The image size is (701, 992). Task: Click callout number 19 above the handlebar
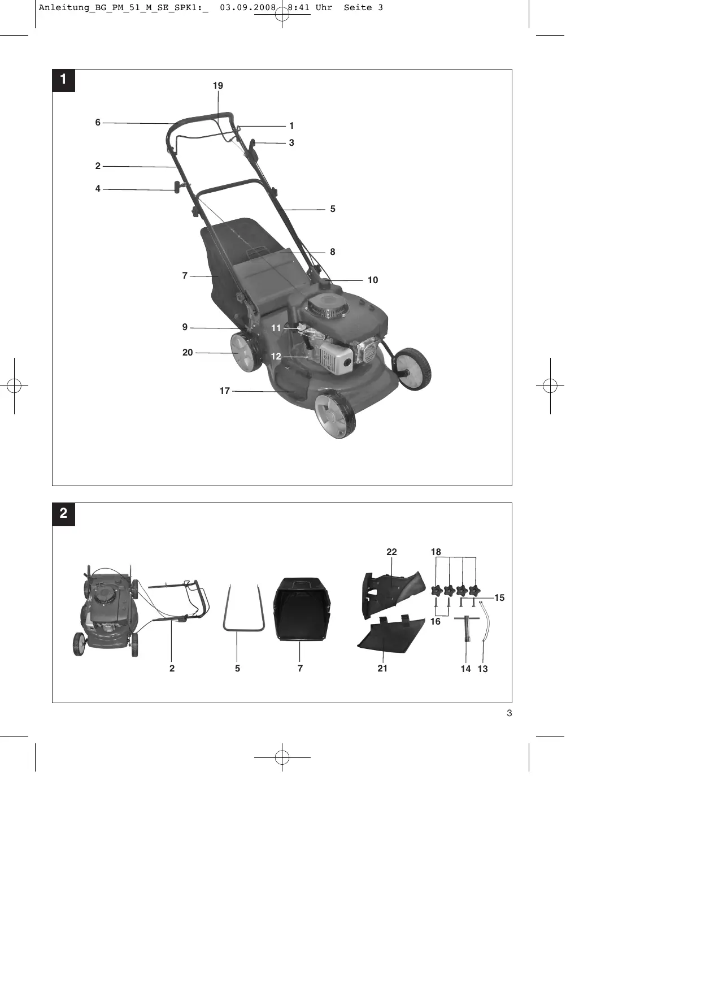218,86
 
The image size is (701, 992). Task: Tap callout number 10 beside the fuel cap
373,280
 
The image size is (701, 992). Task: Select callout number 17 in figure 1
225,391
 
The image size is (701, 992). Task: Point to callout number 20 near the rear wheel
188,353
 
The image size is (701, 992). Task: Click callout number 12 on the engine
276,357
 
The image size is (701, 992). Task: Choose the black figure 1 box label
63,80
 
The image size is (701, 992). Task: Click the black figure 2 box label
63,514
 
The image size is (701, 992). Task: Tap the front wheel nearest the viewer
335,416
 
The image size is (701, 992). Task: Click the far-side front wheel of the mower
413,369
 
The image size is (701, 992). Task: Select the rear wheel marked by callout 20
246,352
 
